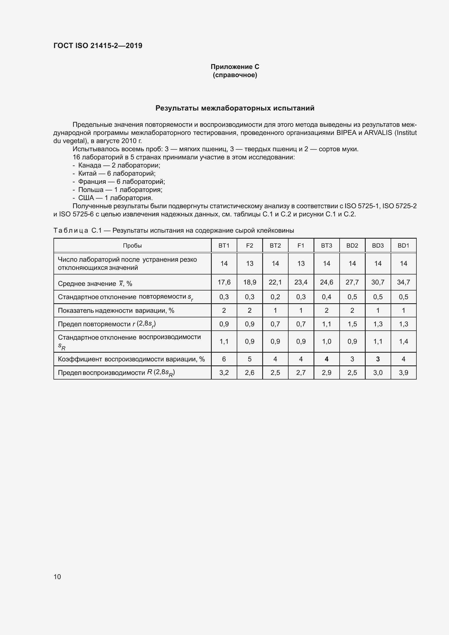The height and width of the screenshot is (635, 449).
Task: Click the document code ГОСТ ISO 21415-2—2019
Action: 98,46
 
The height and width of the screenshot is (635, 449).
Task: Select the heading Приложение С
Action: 235,67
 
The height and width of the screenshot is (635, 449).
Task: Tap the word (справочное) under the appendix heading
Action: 235,75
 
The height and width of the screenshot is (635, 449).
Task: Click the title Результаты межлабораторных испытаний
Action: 235,108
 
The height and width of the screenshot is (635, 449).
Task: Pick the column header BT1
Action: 224,246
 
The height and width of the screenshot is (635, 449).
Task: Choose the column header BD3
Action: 378,246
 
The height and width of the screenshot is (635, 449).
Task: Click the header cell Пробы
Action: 132,246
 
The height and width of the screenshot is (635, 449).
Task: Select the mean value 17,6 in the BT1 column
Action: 224,282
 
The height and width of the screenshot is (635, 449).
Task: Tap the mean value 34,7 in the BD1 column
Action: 403,282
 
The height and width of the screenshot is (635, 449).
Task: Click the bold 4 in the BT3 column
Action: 327,359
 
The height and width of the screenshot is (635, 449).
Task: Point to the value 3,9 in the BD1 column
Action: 403,372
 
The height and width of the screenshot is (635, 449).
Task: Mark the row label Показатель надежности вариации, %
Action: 116,311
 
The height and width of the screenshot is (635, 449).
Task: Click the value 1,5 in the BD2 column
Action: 352,324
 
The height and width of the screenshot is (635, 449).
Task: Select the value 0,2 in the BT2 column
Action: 275,297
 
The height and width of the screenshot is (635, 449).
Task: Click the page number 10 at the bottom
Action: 57,577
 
